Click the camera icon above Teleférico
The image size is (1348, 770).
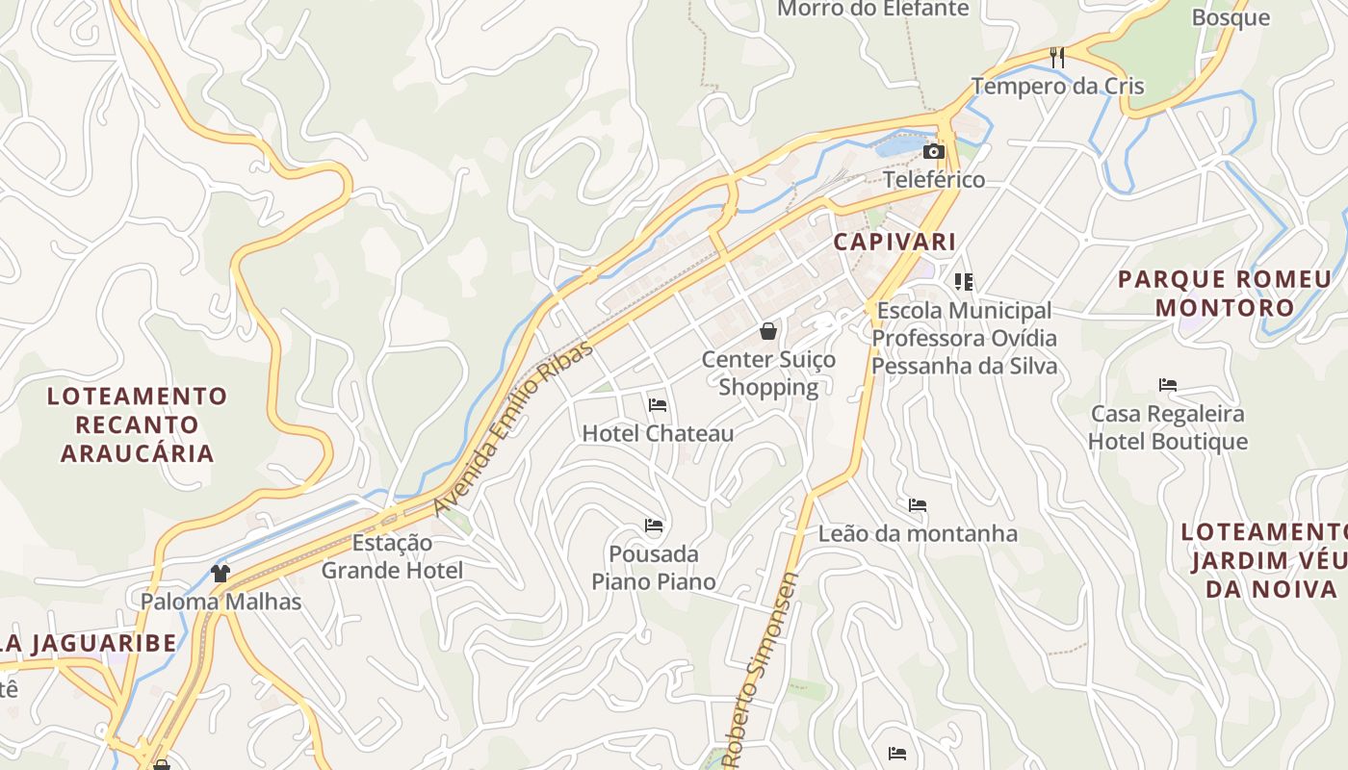pos(933,152)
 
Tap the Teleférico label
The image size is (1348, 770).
pos(934,180)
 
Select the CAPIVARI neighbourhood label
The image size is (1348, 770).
pos(894,242)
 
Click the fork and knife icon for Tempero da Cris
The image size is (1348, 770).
pos(1057,57)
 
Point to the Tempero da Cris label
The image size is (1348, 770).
pos(1057,86)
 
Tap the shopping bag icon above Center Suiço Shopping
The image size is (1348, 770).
pos(768,332)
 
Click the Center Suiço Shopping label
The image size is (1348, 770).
pos(768,373)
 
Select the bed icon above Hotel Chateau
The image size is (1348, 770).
pos(658,405)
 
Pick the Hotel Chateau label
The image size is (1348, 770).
pos(658,434)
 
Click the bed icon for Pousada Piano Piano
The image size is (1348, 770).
pos(654,526)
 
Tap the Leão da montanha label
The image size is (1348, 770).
pos(918,534)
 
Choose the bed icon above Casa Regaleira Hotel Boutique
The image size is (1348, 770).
pos(1168,386)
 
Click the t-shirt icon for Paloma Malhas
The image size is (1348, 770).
pos(220,574)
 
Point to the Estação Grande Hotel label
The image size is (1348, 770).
pos(392,556)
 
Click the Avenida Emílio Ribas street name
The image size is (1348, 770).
pos(513,428)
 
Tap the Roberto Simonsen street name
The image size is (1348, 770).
pos(760,671)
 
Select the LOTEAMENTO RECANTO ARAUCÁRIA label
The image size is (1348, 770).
pos(137,424)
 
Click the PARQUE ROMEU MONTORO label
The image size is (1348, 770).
pos(1224,294)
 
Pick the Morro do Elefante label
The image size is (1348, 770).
pos(872,9)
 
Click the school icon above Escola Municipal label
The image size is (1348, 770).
pos(964,282)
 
